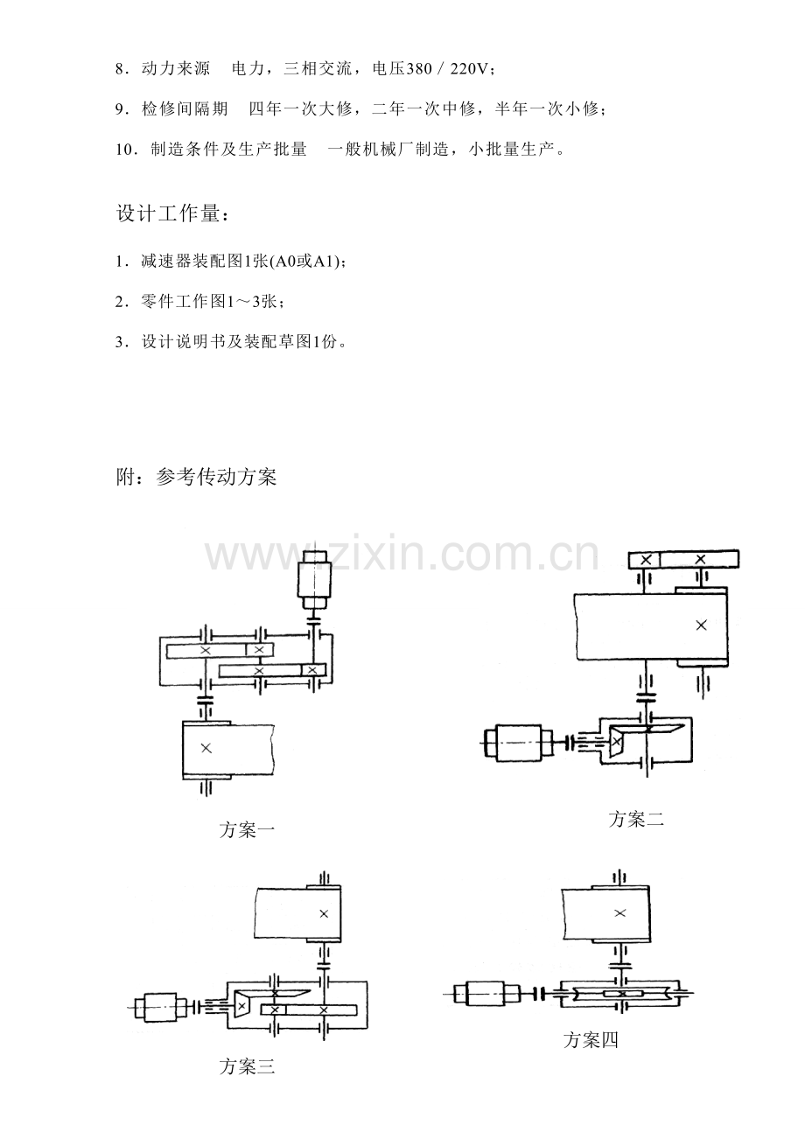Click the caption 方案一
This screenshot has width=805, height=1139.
[x=248, y=830]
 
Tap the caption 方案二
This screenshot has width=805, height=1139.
[x=637, y=820]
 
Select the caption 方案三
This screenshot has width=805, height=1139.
[x=248, y=1066]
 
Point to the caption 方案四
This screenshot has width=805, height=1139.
[x=591, y=1040]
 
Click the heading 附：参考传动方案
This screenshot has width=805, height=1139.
[x=196, y=478]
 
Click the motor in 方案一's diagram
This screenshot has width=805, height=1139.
[x=312, y=579]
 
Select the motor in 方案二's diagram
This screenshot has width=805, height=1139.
[x=519, y=742]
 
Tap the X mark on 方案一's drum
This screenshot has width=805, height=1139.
[x=206, y=748]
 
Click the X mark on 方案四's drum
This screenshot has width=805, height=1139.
[x=619, y=913]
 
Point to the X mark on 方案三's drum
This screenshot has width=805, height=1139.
[x=324, y=913]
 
